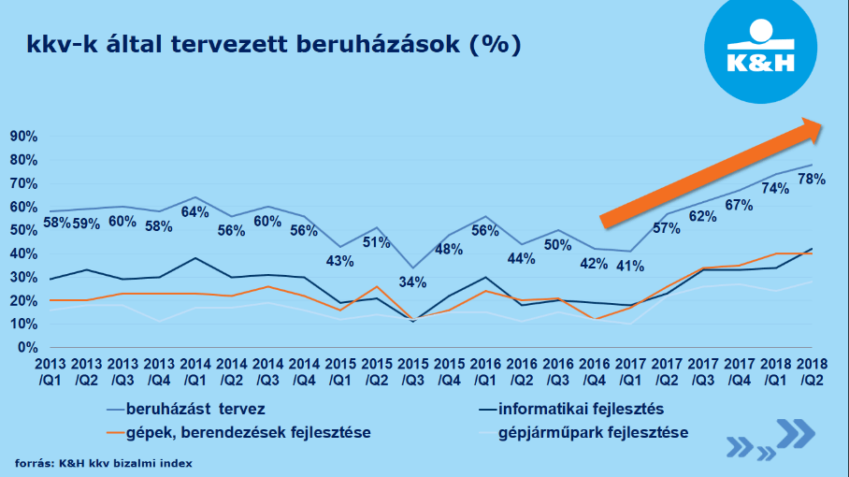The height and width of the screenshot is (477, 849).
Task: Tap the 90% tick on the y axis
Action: tap(22, 136)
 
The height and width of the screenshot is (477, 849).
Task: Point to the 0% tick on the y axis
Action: tap(26, 348)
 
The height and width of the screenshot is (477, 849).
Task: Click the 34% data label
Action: tap(412, 282)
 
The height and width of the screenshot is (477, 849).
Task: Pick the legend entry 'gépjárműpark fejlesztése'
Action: tap(593, 432)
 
